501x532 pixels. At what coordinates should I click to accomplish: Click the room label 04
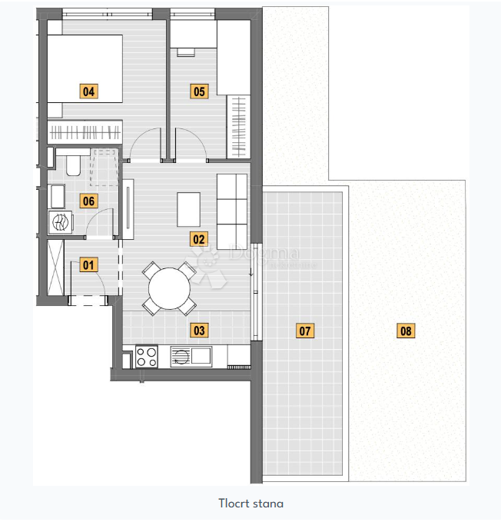(x=89, y=91)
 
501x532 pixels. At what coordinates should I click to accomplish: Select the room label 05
(x=199, y=91)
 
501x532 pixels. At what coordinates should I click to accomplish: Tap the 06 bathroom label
(x=89, y=201)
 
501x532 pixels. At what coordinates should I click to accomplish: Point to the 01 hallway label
(x=89, y=266)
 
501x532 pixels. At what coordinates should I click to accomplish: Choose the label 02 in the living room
(x=199, y=238)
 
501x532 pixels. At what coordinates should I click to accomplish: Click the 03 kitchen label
(x=199, y=331)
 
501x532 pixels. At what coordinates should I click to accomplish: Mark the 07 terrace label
(x=305, y=331)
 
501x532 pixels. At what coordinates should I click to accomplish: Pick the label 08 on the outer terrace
(x=406, y=331)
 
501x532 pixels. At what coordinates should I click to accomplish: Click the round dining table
(x=169, y=289)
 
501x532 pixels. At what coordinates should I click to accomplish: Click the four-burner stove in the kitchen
(x=147, y=356)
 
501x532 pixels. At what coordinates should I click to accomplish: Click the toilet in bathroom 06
(x=74, y=164)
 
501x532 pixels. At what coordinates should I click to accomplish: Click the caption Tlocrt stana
(x=250, y=504)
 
